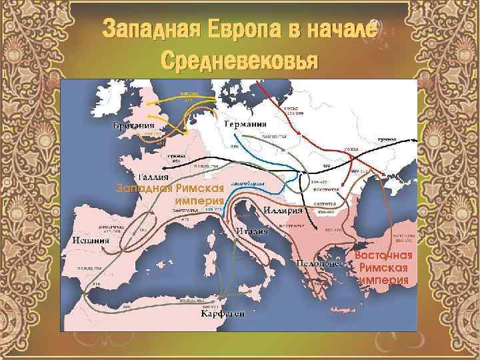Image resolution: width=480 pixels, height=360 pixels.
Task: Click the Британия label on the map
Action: tap(133, 125)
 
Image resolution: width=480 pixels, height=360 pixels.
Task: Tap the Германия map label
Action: tap(245, 124)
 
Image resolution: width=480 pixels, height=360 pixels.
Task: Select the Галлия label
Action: tap(155, 177)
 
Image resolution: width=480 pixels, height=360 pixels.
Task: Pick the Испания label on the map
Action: tap(92, 238)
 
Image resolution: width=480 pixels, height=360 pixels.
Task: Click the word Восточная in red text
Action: tap(383, 255)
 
